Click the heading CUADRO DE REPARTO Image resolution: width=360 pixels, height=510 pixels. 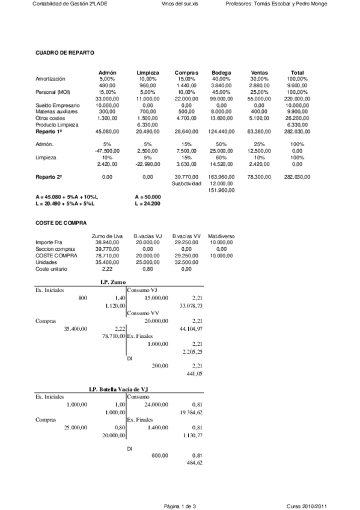65,54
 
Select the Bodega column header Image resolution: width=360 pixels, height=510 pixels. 221,73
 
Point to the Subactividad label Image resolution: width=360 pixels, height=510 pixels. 186,183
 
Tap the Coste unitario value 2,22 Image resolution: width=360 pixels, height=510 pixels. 109,269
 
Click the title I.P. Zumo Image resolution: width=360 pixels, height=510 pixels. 112,282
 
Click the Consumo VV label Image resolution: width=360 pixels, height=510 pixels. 143,313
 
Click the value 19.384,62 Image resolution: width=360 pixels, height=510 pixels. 191,413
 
